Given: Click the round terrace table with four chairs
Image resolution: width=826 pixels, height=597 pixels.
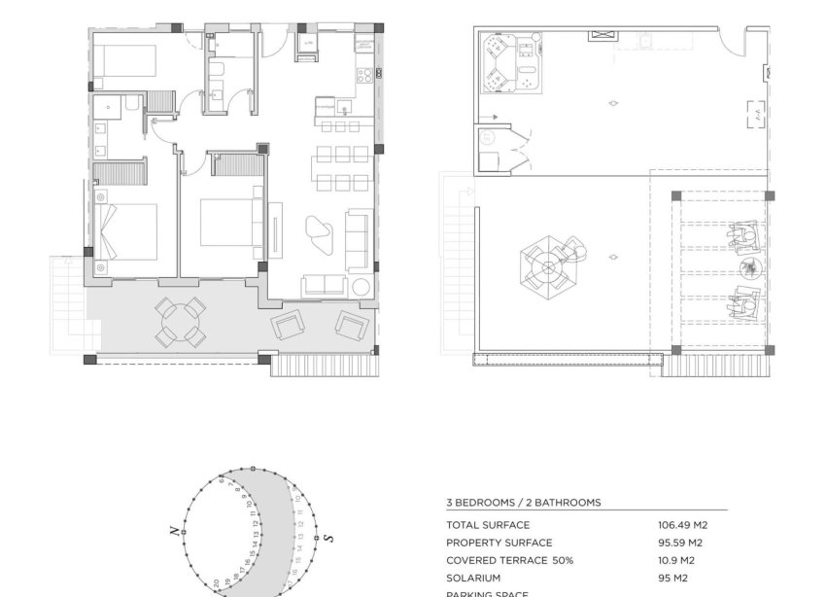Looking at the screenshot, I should [x=181, y=322].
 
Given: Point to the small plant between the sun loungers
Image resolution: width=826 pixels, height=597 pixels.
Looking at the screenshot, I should [x=747, y=269].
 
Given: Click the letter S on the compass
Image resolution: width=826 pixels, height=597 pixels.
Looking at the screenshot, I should [x=328, y=537].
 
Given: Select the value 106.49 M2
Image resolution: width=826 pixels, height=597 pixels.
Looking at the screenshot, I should [x=683, y=525].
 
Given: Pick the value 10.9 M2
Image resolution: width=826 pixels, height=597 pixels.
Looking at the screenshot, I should [x=676, y=560].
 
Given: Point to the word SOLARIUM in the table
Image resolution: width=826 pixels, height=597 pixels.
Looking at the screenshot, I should [x=473, y=578].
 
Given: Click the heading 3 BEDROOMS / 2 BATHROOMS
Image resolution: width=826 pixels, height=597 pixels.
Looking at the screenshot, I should [x=523, y=503].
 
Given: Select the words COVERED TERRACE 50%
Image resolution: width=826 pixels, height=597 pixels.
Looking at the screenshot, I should [x=509, y=560].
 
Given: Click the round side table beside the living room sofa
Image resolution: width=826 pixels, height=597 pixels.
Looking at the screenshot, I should [x=361, y=286].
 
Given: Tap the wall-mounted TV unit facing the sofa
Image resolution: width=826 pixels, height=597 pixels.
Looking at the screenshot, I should [x=275, y=230].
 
